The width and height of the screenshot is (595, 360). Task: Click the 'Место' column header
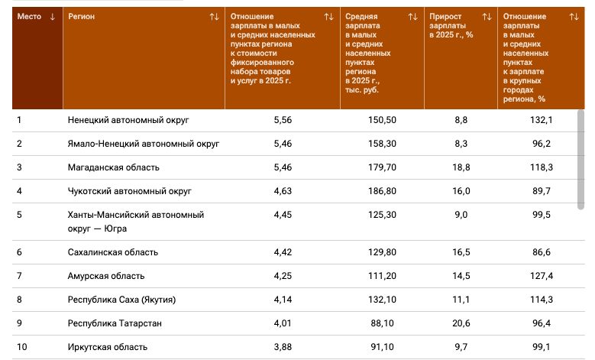29,17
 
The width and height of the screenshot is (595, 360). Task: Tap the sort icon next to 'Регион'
215,17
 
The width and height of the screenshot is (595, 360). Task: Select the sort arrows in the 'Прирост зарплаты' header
487,17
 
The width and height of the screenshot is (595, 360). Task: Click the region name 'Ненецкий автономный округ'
128,120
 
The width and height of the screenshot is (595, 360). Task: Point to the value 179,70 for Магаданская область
382,167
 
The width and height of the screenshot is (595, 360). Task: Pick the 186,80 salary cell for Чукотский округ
382,191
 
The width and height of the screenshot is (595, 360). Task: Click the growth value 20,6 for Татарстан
461,323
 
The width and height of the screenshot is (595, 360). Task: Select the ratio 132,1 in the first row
542,120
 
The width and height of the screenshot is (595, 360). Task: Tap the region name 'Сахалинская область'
113,252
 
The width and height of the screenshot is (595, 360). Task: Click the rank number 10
22,347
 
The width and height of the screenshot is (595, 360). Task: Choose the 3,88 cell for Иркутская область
283,347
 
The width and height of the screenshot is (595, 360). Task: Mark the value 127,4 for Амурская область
542,276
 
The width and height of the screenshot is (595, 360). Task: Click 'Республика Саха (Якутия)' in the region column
121,300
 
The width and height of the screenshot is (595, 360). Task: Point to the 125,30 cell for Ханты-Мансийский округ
382,215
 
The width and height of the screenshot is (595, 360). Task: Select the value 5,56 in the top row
283,120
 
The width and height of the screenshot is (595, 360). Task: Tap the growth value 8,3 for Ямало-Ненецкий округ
461,144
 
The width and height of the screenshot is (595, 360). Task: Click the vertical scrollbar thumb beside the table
580,160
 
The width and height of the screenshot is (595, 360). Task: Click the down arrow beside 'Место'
53,17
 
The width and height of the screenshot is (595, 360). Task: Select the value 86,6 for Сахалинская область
542,252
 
